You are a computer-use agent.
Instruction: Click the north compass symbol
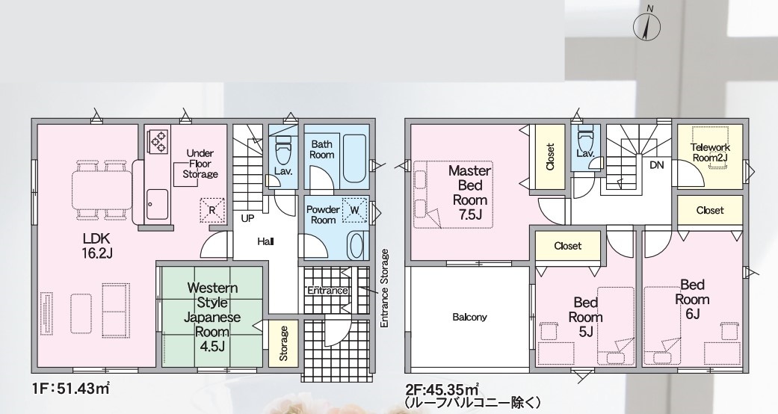[x=647, y=26]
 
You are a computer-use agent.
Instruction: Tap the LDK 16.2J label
[x=98, y=245]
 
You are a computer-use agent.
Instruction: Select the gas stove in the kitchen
[x=158, y=140]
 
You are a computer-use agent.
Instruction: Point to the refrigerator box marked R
[x=212, y=210]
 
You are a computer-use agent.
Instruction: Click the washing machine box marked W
[x=355, y=209]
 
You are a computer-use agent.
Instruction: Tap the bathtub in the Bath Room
[x=354, y=158]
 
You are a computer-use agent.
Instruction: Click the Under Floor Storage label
[x=200, y=164]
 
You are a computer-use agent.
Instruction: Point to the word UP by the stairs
[x=249, y=218]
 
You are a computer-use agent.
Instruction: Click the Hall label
[x=265, y=241]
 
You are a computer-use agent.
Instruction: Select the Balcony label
[x=469, y=317]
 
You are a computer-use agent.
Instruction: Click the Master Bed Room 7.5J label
[x=469, y=193]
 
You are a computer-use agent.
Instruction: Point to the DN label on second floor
[x=656, y=165]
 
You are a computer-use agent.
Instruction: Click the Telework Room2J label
[x=711, y=152]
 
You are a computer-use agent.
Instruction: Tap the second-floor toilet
[x=585, y=138]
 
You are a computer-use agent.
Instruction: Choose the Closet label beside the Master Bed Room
[x=550, y=157]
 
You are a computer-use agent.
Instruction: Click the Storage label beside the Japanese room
[x=283, y=343]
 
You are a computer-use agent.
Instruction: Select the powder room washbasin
[x=355, y=245]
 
